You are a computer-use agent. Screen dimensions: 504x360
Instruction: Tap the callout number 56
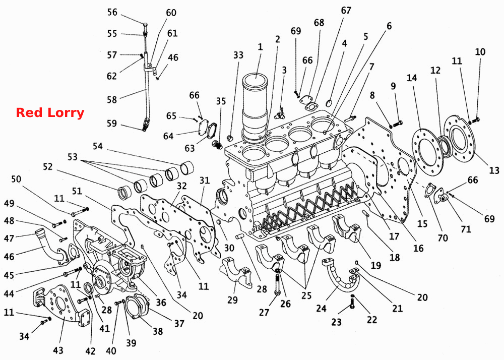112,12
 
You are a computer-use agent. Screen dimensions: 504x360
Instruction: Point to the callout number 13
494,170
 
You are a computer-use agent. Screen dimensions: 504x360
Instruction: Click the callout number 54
98,146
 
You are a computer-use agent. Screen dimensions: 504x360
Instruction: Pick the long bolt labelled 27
277,283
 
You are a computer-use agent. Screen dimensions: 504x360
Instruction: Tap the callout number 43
58,349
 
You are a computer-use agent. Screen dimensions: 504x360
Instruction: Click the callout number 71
466,229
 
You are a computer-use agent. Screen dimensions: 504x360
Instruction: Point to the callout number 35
221,101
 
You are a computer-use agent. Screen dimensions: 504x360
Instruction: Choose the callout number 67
346,10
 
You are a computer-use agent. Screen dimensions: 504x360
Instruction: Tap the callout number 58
112,99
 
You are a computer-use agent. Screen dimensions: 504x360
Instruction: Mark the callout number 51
77,191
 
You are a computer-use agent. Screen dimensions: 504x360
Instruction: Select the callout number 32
181,186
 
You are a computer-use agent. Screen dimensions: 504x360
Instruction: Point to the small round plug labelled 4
330,103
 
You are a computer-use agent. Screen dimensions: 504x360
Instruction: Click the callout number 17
394,236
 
